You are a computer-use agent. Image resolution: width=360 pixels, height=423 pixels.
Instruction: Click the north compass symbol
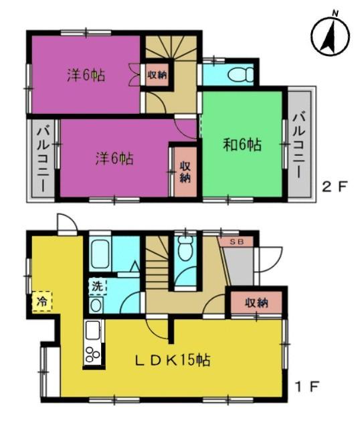[x=330, y=36]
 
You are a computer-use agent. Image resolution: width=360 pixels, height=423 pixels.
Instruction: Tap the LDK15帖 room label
[x=173, y=360]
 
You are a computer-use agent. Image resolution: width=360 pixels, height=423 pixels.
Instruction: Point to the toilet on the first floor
[x=185, y=248]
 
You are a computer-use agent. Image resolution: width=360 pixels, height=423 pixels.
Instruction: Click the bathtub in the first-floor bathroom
[x=100, y=254]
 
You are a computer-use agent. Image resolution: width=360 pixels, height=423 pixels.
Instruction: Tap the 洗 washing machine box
[x=98, y=286]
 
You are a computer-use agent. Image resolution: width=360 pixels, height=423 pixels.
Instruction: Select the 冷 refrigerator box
[x=42, y=301]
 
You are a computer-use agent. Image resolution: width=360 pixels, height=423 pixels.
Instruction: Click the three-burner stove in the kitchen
[x=92, y=354]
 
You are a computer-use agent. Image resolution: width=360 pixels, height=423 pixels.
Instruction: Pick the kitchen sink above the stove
[x=92, y=331]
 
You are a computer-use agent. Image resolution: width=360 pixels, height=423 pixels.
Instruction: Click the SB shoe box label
[x=236, y=242]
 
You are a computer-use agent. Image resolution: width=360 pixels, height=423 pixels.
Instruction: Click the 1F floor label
[x=307, y=387]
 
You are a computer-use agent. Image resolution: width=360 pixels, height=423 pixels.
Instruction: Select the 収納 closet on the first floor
[x=256, y=303]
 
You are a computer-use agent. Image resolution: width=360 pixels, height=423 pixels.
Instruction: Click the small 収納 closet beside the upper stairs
[x=157, y=75]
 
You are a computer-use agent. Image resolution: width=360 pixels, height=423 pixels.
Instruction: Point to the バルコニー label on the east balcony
[x=299, y=145]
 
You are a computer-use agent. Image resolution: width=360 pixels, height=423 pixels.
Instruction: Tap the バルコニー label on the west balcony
[x=43, y=159]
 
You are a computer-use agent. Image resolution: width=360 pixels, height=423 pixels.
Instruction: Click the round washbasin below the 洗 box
[x=96, y=305]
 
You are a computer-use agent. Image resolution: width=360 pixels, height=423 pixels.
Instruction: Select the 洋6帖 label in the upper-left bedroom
[x=86, y=75]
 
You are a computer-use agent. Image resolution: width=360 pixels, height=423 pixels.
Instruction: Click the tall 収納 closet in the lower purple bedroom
[x=185, y=171]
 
